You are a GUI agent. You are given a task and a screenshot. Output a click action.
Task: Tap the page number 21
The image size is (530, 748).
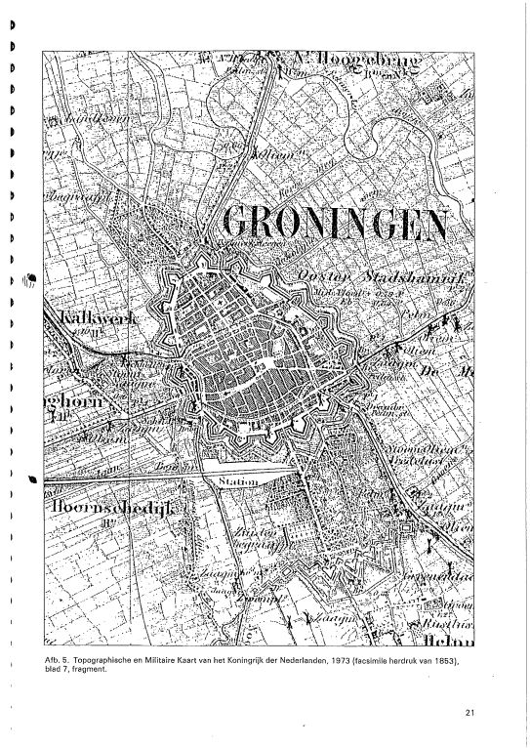pos(471,712)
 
